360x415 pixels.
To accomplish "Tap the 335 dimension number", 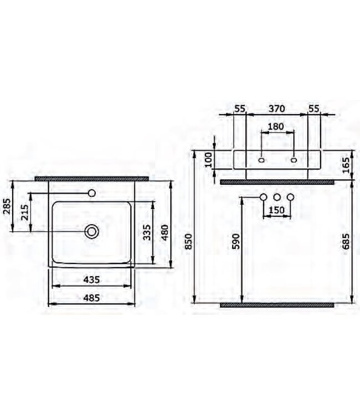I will pyautogui.click(x=145, y=234).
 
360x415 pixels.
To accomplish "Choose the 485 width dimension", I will pyautogui.click(x=92, y=297).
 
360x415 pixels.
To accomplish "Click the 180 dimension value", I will pyautogui.click(x=276, y=126).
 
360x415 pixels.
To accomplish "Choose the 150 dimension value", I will pyautogui.click(x=276, y=210).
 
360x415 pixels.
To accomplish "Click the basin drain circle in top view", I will pyautogui.click(x=92, y=231).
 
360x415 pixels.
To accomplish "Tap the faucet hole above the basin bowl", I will pyautogui.click(x=92, y=193).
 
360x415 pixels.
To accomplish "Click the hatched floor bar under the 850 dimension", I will pyautogui.click(x=277, y=304).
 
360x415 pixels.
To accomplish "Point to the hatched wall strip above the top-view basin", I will pyautogui.click(x=92, y=179).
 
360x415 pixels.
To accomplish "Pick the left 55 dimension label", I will pyautogui.click(x=239, y=109).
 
